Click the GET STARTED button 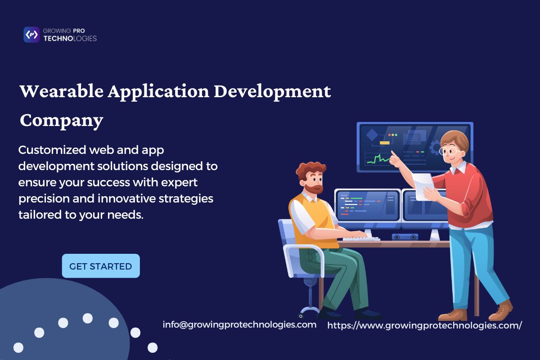[101, 265]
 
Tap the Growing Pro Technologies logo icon [31, 35]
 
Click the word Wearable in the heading [62, 91]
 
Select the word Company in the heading [62, 121]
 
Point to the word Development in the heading [272, 92]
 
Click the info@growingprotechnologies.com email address [239, 325]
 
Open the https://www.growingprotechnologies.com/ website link [424, 325]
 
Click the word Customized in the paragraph [52, 150]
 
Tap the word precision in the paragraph [44, 199]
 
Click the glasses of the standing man [449, 151]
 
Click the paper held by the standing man [423, 186]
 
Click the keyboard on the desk [361, 238]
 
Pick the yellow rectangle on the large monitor [384, 143]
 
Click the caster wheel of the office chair [301, 315]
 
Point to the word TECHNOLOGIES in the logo [70, 39]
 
